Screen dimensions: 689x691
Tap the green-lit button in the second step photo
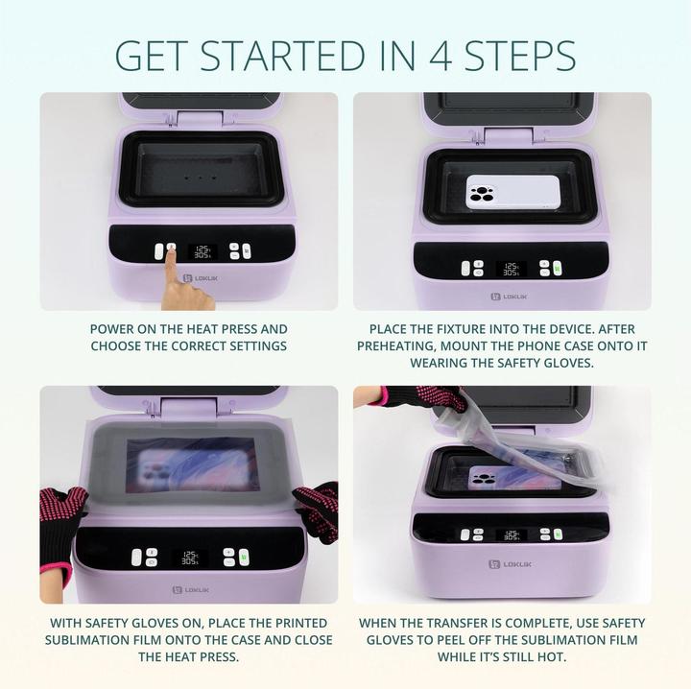[544, 269]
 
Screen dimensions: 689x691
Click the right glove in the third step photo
[318, 507]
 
